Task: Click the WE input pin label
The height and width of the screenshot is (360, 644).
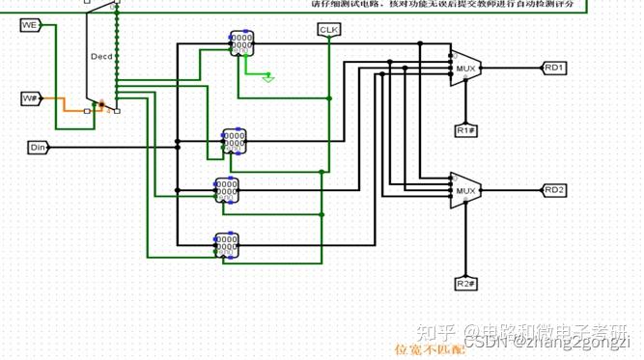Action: pyautogui.click(x=29, y=24)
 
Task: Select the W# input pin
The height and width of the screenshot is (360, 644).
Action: pyautogui.click(x=30, y=98)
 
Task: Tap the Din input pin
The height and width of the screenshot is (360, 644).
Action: pyautogui.click(x=38, y=147)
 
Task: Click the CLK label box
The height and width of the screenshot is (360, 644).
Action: pyautogui.click(x=329, y=31)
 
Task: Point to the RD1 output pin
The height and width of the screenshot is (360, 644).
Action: pyautogui.click(x=554, y=68)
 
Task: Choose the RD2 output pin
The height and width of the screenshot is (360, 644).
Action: pyautogui.click(x=554, y=190)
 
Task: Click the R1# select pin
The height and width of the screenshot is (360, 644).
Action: pyautogui.click(x=465, y=128)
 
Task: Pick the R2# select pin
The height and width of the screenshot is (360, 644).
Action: pyautogui.click(x=465, y=283)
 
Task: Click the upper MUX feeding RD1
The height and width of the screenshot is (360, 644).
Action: pyautogui.click(x=466, y=68)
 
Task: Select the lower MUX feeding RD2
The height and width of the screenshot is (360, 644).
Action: pyautogui.click(x=466, y=190)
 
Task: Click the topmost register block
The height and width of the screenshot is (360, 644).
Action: pyautogui.click(x=241, y=43)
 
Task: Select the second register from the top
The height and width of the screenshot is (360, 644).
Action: pyautogui.click(x=234, y=142)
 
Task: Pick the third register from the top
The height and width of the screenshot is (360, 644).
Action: pyautogui.click(x=226, y=189)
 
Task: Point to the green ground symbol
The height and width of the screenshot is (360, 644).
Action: pyautogui.click(x=268, y=77)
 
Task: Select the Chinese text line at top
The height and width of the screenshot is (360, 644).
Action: pyautogui.click(x=448, y=5)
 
